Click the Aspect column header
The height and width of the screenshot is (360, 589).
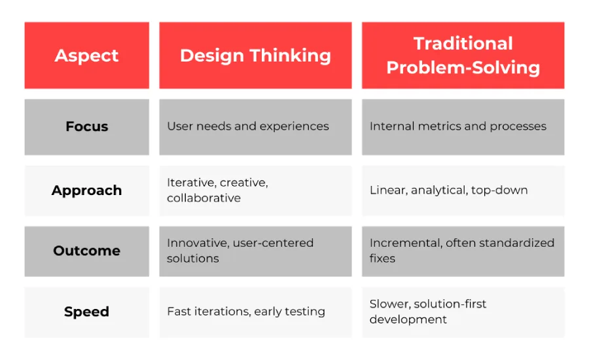[87, 56]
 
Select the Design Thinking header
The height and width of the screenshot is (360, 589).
[255, 56]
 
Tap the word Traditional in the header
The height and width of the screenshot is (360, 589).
[463, 43]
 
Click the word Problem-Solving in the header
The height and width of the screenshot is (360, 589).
[463, 67]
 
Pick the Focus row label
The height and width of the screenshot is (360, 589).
[87, 126]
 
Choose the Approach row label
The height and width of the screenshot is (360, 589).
[87, 190]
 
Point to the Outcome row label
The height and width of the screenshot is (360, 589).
[87, 251]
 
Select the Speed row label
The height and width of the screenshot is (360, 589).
[87, 312]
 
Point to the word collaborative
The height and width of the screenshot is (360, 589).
[204, 198]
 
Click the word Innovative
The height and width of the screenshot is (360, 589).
[198, 243]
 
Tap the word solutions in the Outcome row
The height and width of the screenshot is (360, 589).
[193, 259]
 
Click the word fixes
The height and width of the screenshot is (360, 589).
[382, 259]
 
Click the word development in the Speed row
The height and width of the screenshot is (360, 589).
[408, 319]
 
